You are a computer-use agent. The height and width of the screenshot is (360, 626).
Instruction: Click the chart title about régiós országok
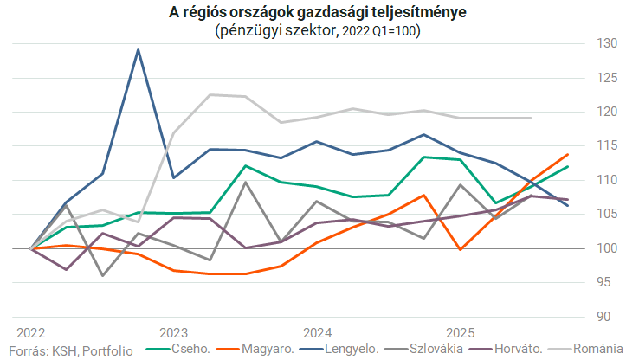(313, 13)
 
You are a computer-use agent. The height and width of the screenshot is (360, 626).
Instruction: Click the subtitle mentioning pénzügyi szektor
(313, 30)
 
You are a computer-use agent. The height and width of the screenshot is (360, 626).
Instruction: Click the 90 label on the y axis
(607, 317)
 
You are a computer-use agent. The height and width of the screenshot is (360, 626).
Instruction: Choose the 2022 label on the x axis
(31, 333)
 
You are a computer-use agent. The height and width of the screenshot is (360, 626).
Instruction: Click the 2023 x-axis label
(174, 333)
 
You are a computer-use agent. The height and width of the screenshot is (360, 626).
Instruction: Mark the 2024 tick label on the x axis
(317, 333)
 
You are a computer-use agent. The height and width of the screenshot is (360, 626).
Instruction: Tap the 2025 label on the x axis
(460, 333)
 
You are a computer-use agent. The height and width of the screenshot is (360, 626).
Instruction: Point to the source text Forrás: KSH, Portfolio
(68, 350)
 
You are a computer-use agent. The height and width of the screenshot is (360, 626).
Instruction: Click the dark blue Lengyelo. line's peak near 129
(139, 50)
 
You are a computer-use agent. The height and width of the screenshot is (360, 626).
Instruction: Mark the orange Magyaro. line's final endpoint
(568, 155)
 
